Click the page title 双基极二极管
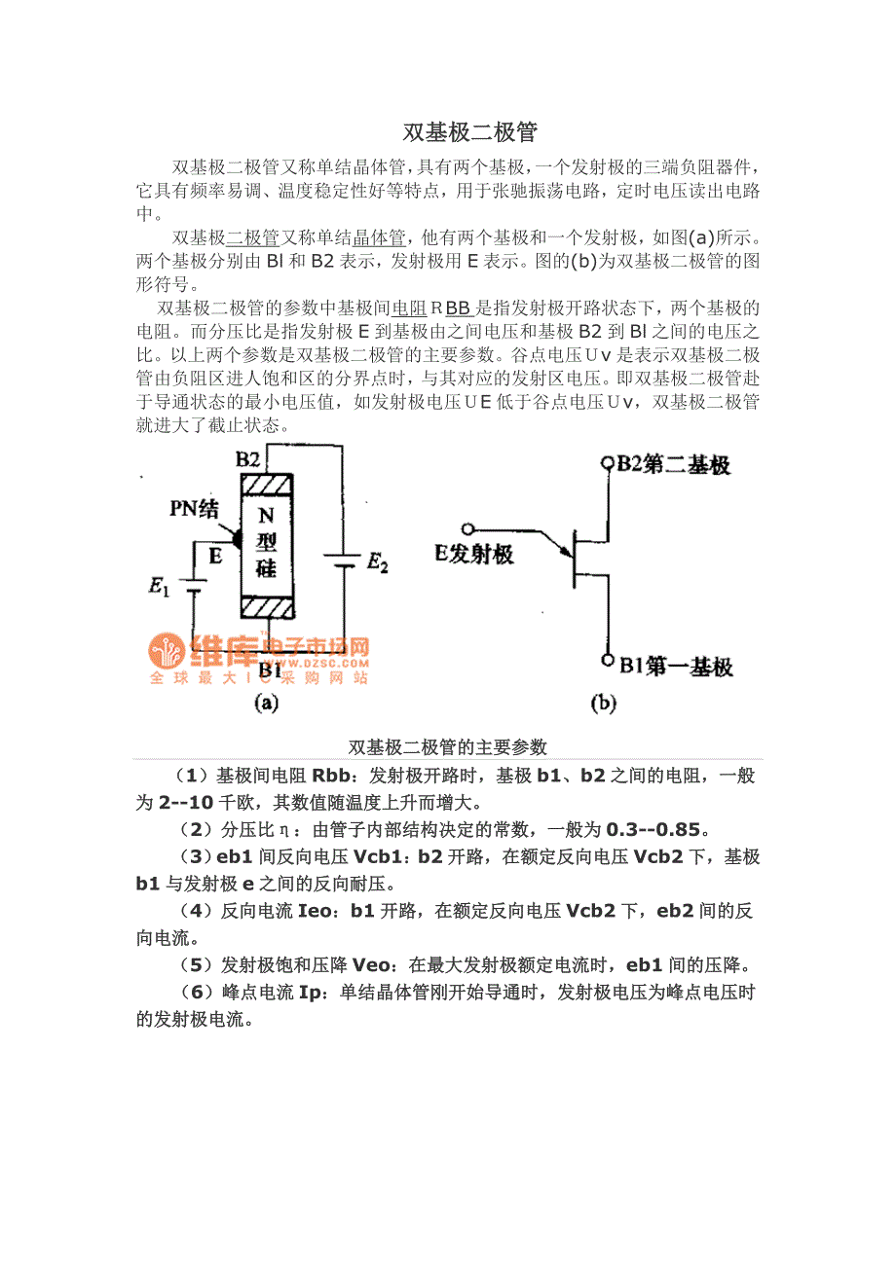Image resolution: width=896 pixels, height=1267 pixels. (x=469, y=131)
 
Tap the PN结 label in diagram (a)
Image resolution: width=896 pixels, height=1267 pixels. (x=194, y=507)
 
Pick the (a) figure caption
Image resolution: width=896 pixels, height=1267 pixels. (x=266, y=703)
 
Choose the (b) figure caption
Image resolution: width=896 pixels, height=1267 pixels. (x=603, y=703)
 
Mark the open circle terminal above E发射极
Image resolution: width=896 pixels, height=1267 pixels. (x=469, y=530)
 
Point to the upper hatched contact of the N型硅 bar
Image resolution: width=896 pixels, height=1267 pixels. (x=266, y=485)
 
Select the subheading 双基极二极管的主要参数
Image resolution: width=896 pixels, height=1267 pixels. (x=448, y=747)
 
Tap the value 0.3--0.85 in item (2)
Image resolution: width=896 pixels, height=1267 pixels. (x=653, y=830)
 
